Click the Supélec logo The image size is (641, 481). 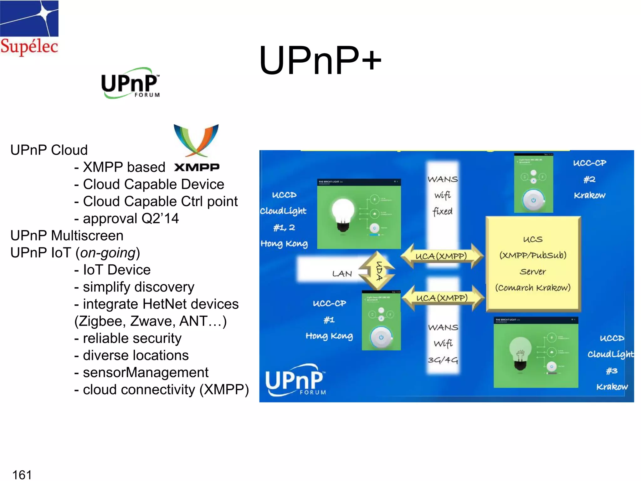29,28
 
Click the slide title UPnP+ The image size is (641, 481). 320,60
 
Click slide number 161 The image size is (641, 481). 22,474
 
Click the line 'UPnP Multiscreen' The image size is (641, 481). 67,235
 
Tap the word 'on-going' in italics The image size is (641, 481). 108,253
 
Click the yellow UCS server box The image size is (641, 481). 533,264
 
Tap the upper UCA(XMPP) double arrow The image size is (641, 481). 441,256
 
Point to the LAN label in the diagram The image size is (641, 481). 342,274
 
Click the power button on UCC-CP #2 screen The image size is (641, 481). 533,200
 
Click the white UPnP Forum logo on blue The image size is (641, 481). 295,380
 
